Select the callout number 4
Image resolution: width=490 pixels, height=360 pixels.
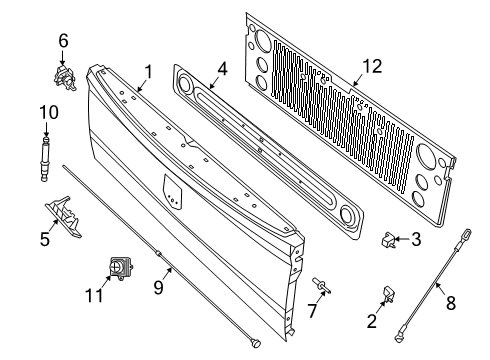(222, 70)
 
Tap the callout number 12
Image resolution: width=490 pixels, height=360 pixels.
(372, 67)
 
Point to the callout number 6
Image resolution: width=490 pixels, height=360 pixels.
(63, 41)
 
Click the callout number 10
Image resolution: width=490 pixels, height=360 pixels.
(44, 113)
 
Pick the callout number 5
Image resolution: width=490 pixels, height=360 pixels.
(45, 239)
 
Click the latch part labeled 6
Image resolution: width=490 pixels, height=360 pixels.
(66, 76)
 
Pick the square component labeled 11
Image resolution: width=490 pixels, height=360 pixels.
(121, 269)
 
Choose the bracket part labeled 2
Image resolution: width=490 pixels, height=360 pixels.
(390, 295)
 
